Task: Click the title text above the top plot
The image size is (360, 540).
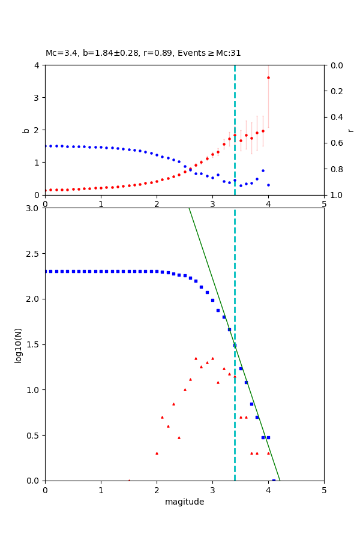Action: (x=143, y=53)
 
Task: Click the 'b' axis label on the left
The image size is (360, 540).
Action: (x=26, y=130)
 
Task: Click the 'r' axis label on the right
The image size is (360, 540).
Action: (x=350, y=130)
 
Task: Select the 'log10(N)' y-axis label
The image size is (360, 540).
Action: (x=19, y=344)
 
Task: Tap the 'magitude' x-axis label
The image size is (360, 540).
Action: (x=184, y=502)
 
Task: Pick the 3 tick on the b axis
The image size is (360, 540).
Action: (x=38, y=97)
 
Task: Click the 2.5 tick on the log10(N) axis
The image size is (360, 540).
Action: (x=34, y=254)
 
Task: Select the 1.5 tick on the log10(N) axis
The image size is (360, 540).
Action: (x=34, y=344)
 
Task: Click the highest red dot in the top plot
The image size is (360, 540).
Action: (x=268, y=77)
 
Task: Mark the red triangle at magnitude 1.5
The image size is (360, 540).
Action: (x=129, y=480)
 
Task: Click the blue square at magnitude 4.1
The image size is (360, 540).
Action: (x=274, y=480)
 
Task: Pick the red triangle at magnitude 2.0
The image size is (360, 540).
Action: (x=157, y=453)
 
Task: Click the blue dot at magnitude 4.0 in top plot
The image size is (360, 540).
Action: (x=268, y=185)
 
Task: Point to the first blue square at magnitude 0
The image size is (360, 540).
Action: (x=45, y=271)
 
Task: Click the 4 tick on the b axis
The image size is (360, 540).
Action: (x=38, y=65)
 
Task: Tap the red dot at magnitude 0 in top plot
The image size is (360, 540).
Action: (x=46, y=190)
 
